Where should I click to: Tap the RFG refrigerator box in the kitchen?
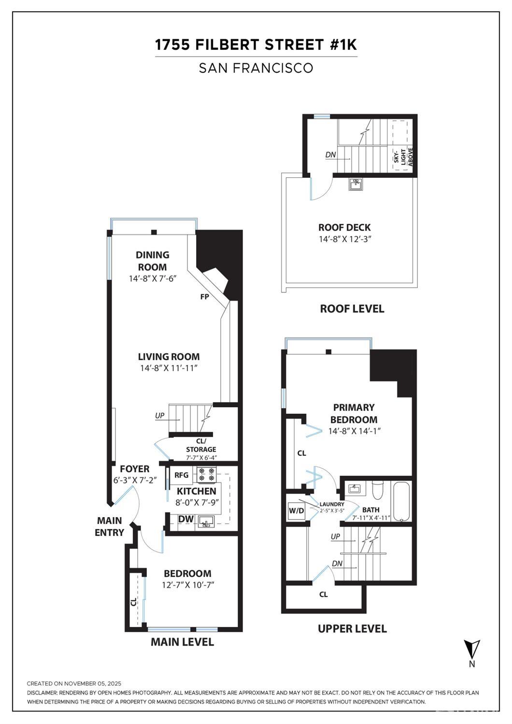click(181, 475)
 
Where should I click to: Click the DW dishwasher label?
click(186, 519)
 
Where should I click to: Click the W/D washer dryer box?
click(296, 511)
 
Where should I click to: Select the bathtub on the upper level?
click(401, 501)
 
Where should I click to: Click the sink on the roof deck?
click(356, 184)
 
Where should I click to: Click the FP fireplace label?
click(205, 297)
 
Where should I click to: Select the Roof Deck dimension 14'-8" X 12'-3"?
click(345, 239)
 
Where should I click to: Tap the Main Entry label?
click(110, 526)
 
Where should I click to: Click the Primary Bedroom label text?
click(354, 413)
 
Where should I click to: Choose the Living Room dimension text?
click(169, 368)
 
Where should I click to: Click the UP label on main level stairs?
click(159, 416)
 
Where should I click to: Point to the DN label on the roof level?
click(330, 155)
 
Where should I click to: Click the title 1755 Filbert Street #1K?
click(256, 45)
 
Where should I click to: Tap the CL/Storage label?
click(201, 445)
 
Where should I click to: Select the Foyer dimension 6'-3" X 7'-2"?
click(134, 480)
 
